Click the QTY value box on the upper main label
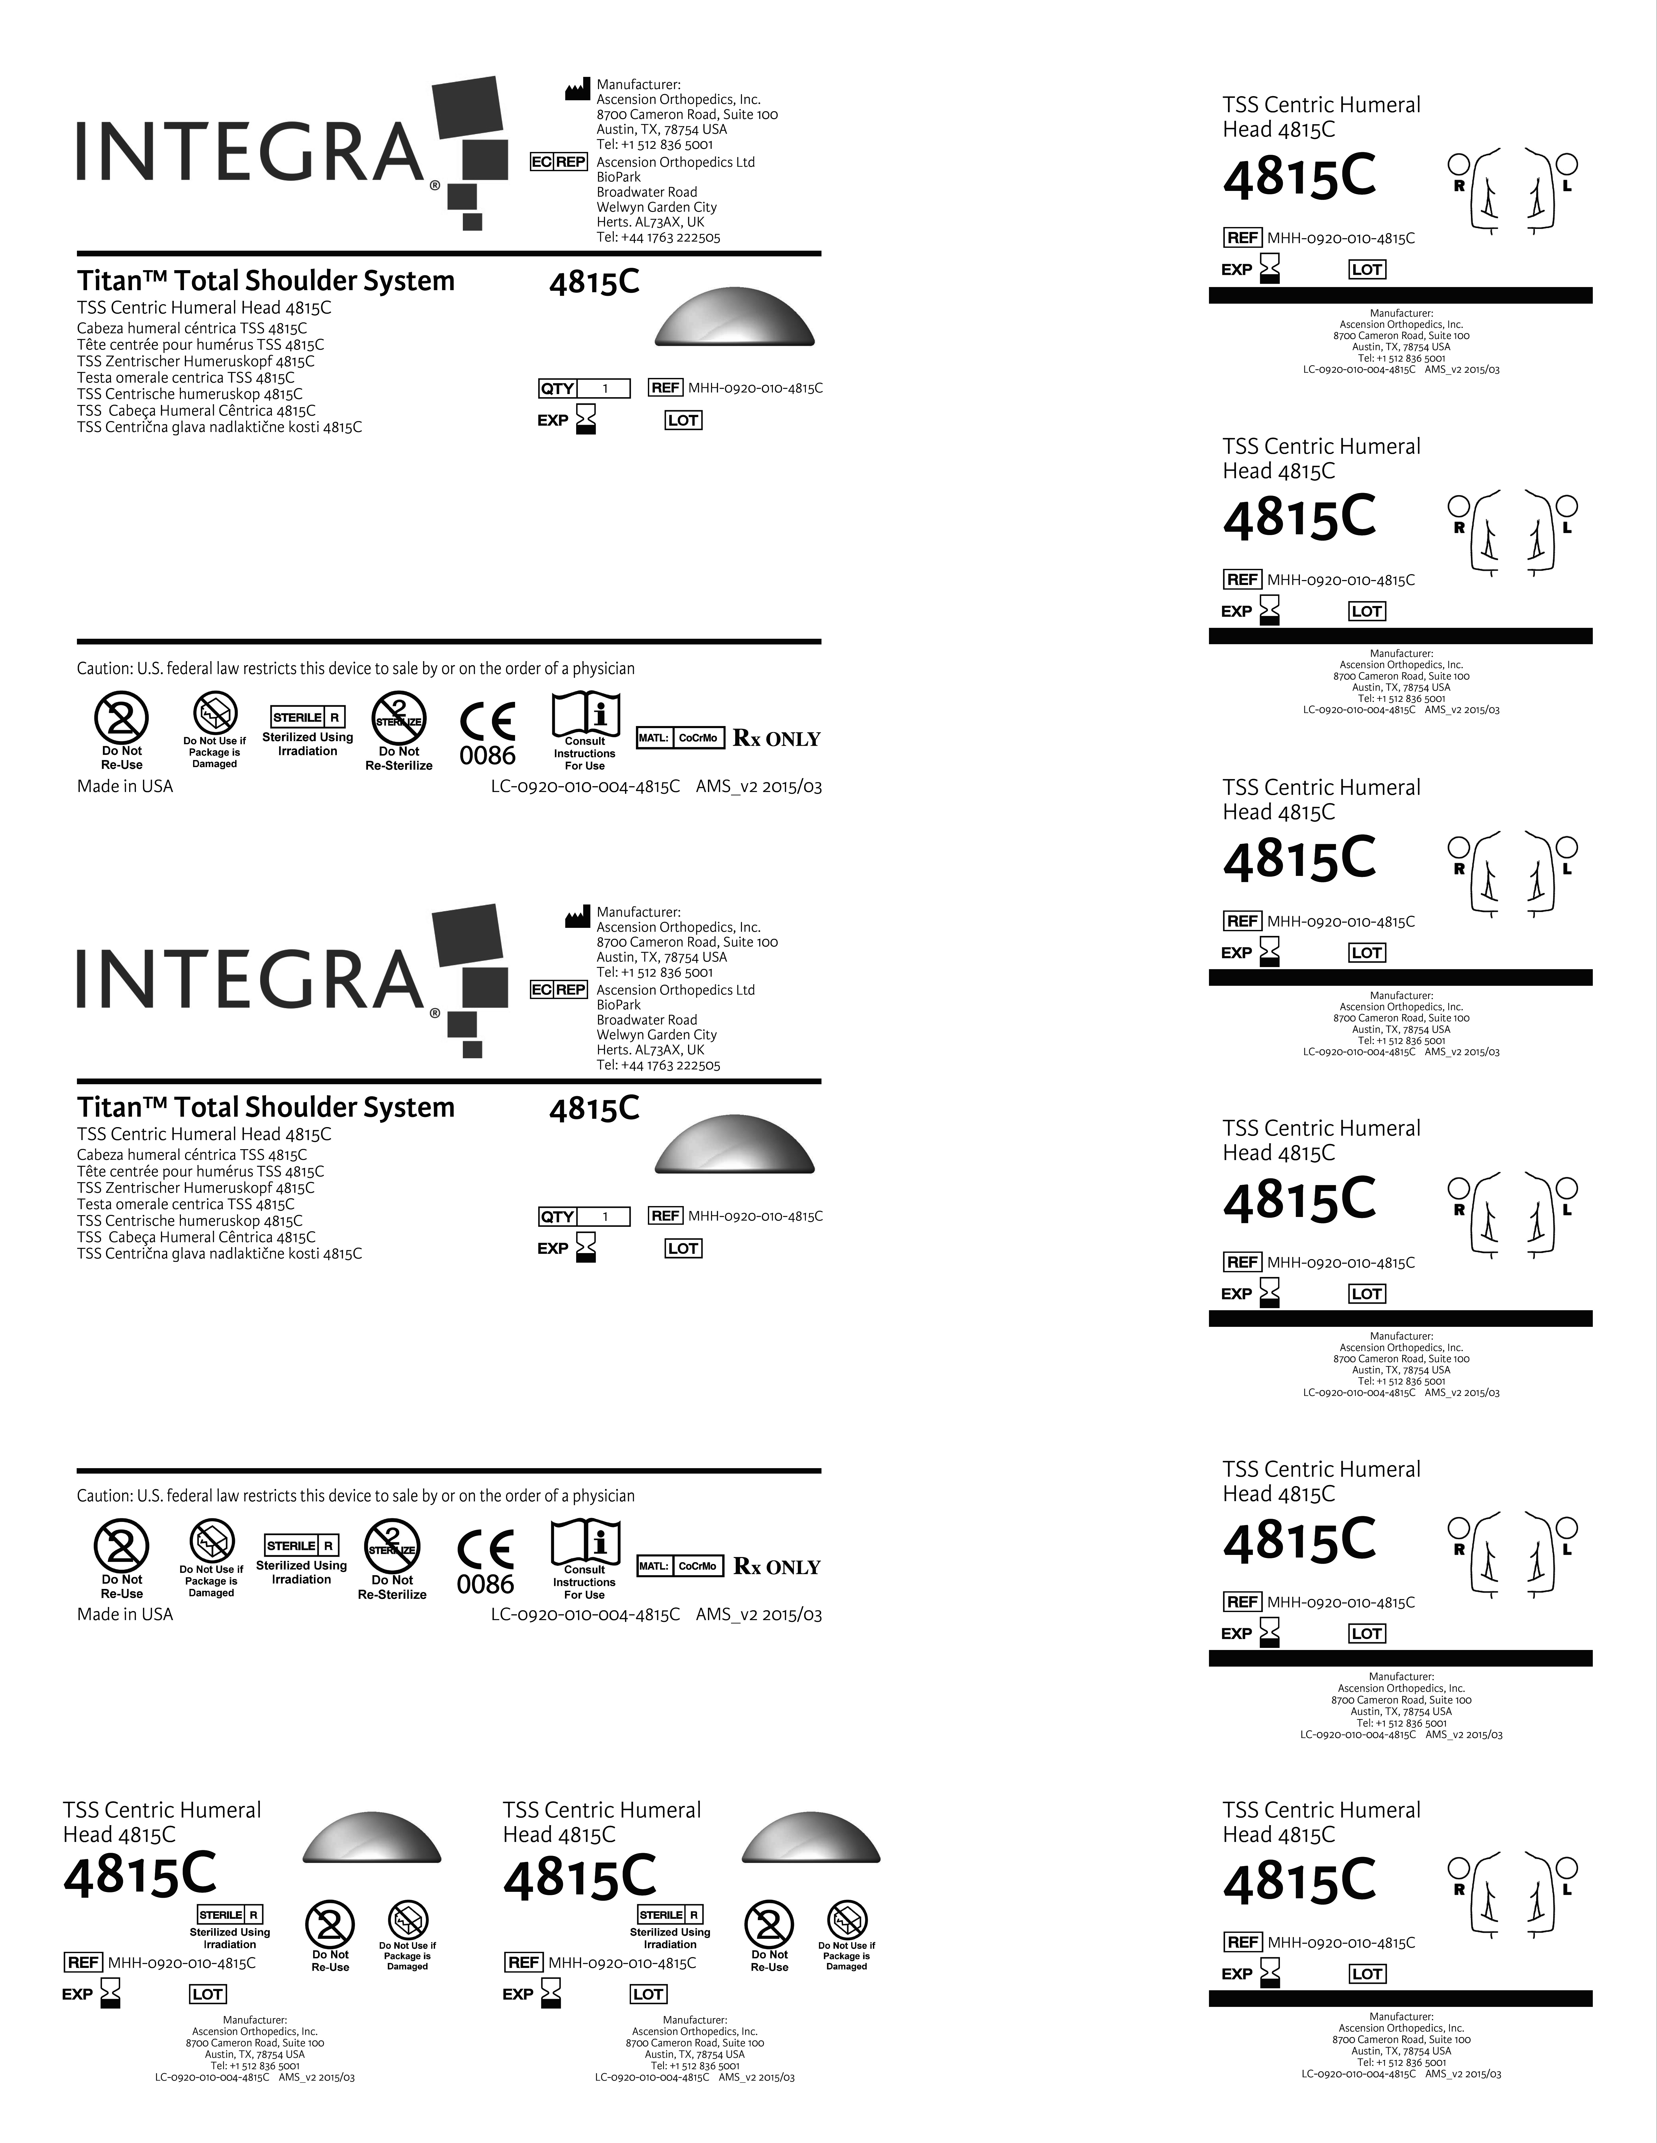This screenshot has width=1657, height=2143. (604, 389)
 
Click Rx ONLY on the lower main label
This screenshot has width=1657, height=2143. (777, 1567)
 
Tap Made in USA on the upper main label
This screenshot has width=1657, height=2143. (125, 786)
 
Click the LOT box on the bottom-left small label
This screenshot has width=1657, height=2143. (207, 1994)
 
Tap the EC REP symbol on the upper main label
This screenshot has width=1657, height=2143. (557, 162)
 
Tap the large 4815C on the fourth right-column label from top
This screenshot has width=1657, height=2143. (1299, 1199)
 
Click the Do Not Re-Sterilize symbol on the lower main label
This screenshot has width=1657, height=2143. (393, 1547)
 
